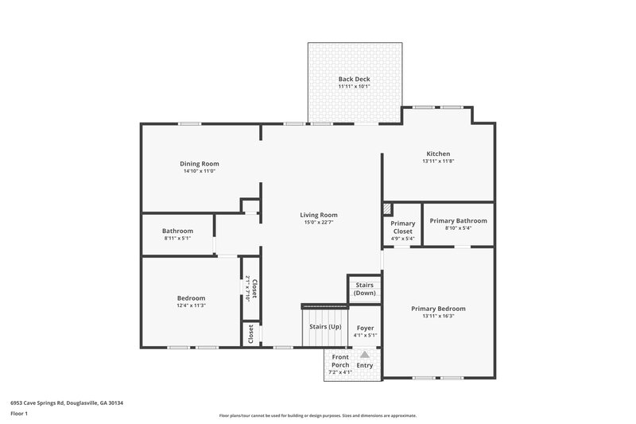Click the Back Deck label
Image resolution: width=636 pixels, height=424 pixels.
pyautogui.click(x=354, y=79)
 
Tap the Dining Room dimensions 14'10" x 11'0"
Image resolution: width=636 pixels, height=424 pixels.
pyautogui.click(x=200, y=171)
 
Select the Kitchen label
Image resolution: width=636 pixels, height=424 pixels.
pyautogui.click(x=438, y=154)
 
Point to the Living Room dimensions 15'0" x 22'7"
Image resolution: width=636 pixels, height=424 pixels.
pyautogui.click(x=318, y=223)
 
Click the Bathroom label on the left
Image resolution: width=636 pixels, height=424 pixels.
pyautogui.click(x=177, y=231)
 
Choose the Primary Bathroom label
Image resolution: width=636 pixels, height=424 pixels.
pyautogui.click(x=458, y=220)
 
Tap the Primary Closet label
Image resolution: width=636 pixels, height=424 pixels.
pyautogui.click(x=402, y=228)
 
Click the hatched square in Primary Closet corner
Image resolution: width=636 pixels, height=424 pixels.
pyautogui.click(x=388, y=208)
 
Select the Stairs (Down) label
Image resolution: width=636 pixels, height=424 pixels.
pyautogui.click(x=364, y=289)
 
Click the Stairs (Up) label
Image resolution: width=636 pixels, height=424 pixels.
pyautogui.click(x=324, y=327)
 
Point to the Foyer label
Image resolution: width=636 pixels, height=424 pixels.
pyautogui.click(x=365, y=327)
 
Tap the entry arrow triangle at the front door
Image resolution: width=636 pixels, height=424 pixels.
pyautogui.click(x=365, y=355)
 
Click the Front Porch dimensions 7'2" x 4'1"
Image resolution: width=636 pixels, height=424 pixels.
pyautogui.click(x=339, y=372)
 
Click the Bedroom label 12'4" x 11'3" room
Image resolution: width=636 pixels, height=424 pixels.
pyautogui.click(x=191, y=298)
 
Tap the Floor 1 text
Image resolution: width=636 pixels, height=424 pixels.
pyautogui.click(x=19, y=414)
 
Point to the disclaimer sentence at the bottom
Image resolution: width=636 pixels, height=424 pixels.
pyautogui.click(x=317, y=415)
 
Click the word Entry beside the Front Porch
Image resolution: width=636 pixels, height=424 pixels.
pyautogui.click(x=364, y=365)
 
